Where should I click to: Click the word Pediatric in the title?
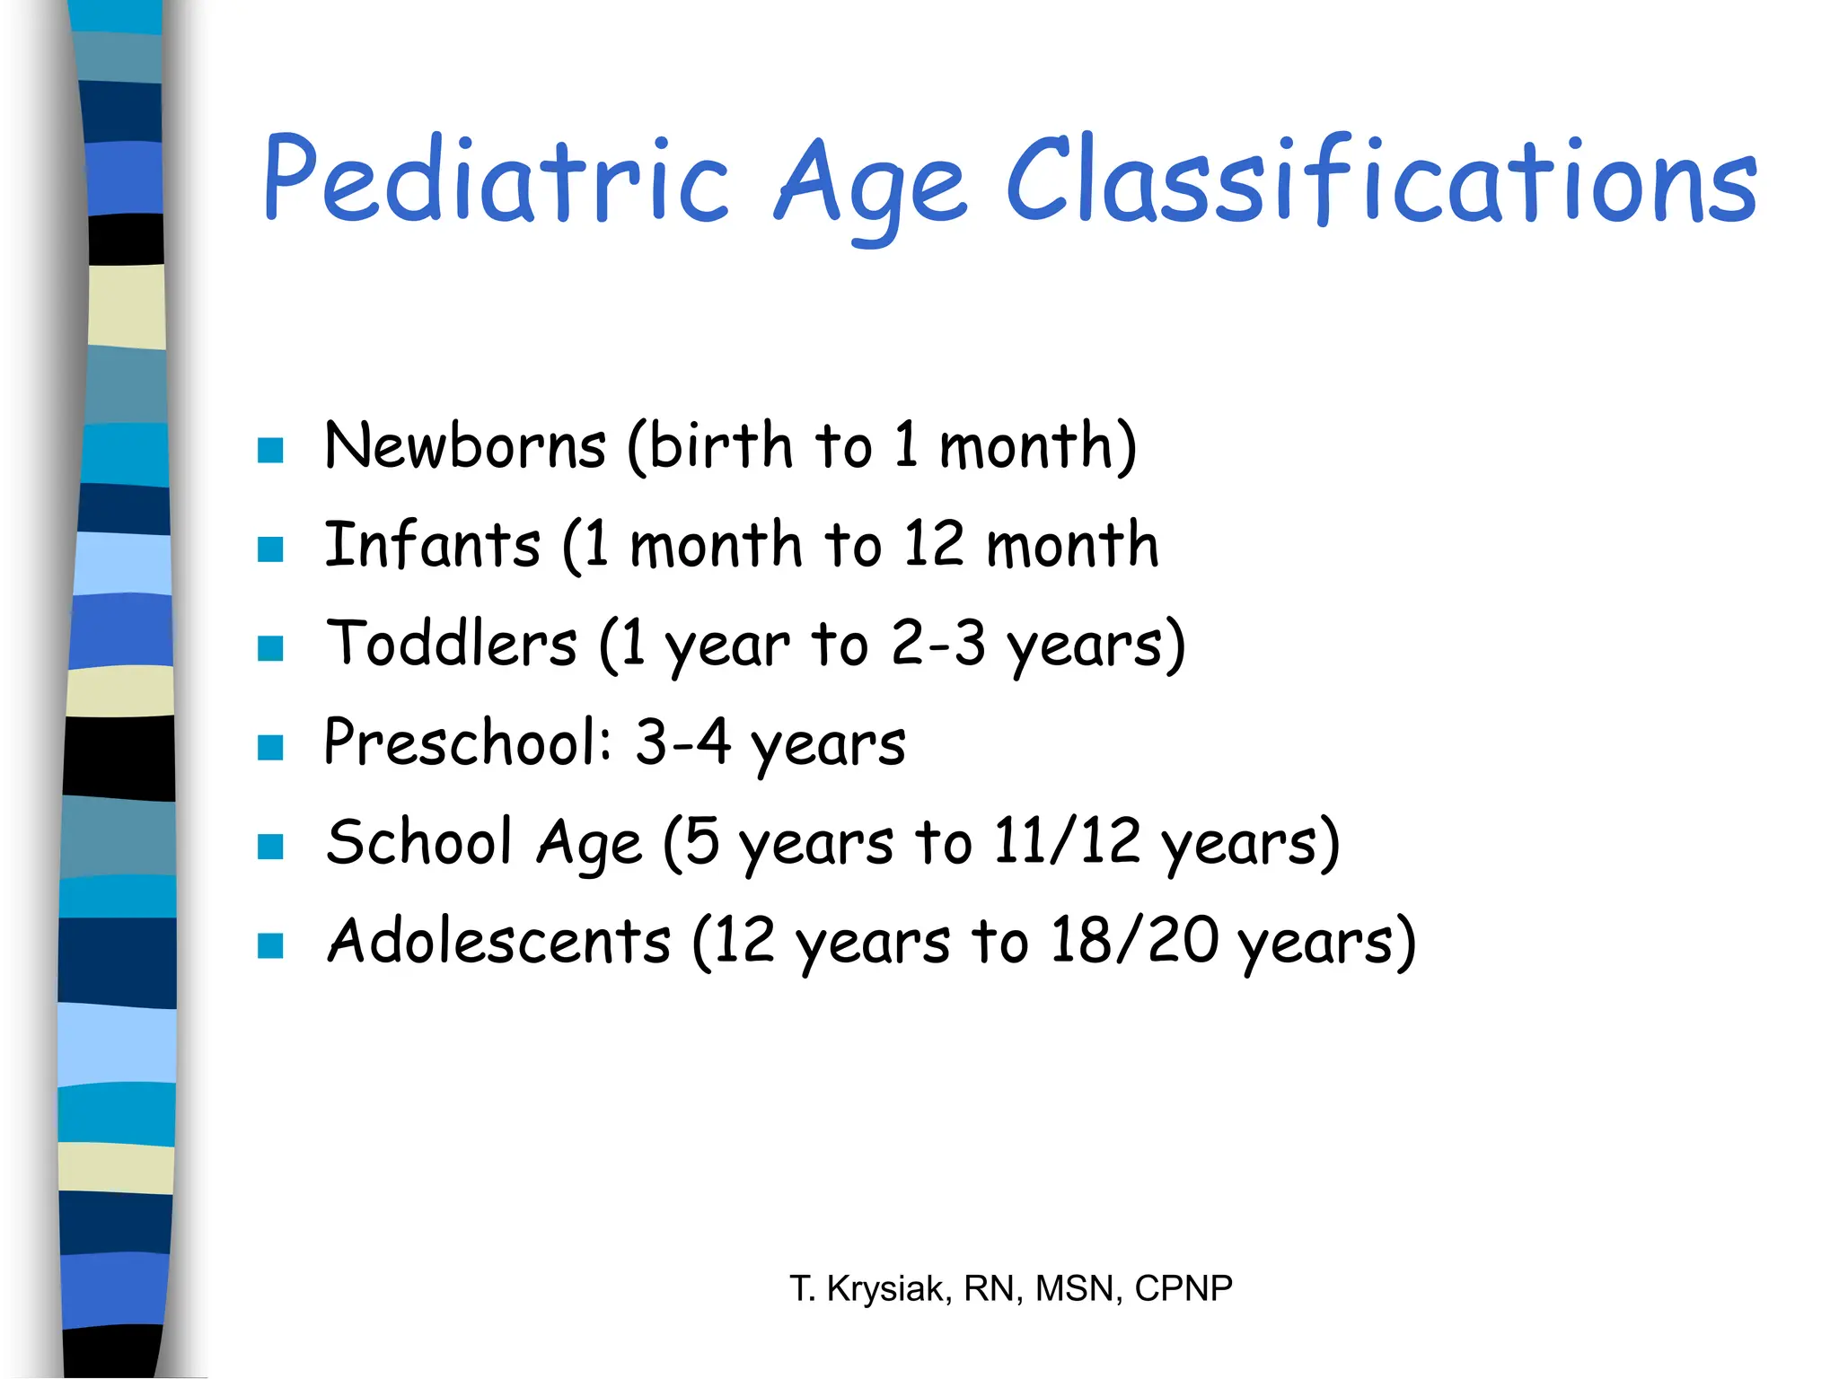[x=494, y=180]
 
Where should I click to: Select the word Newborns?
[x=465, y=445]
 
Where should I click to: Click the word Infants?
[x=432, y=545]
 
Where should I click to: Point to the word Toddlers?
[x=451, y=644]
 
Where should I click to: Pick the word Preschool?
[x=467, y=743]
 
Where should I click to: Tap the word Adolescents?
[x=498, y=941]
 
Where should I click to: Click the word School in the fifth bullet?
[x=419, y=842]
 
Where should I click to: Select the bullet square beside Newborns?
[x=270, y=450]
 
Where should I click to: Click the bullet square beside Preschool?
[x=270, y=747]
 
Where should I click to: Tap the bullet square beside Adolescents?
[x=270, y=945]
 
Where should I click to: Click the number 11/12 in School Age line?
[x=1066, y=842]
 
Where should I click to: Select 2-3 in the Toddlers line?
[x=938, y=644]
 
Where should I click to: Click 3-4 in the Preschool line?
[x=682, y=743]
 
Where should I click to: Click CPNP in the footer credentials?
[x=1183, y=1288]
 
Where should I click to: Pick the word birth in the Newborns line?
[x=720, y=445]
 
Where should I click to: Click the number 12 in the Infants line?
[x=934, y=545]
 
